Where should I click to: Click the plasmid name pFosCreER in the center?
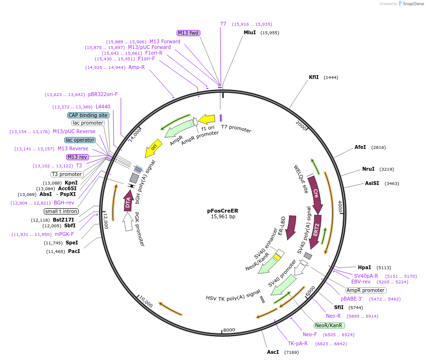pyautogui.click(x=222, y=210)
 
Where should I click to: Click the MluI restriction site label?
pyautogui.click(x=249, y=33)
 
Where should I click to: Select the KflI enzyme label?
pyautogui.click(x=314, y=77)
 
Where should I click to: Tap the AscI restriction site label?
pyautogui.click(x=273, y=352)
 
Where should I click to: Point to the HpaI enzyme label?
pyautogui.click(x=365, y=267)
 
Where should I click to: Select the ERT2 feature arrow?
pyautogui.click(x=316, y=232)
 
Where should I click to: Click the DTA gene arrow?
pyautogui.click(x=128, y=202)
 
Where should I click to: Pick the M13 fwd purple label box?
pyautogui.click(x=188, y=33)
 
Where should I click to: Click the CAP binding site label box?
pyautogui.click(x=88, y=115)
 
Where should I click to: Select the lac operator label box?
pyautogui.click(x=80, y=140)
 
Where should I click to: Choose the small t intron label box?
pyautogui.click(x=61, y=211)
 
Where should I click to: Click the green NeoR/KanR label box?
pyautogui.click(x=328, y=325)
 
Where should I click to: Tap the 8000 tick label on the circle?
pyautogui.click(x=229, y=330)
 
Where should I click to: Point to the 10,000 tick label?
pyautogui.click(x=146, y=303)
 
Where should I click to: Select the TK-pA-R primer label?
pyautogui.click(x=297, y=343)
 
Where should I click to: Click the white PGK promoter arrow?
pyautogui.click(x=128, y=222)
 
